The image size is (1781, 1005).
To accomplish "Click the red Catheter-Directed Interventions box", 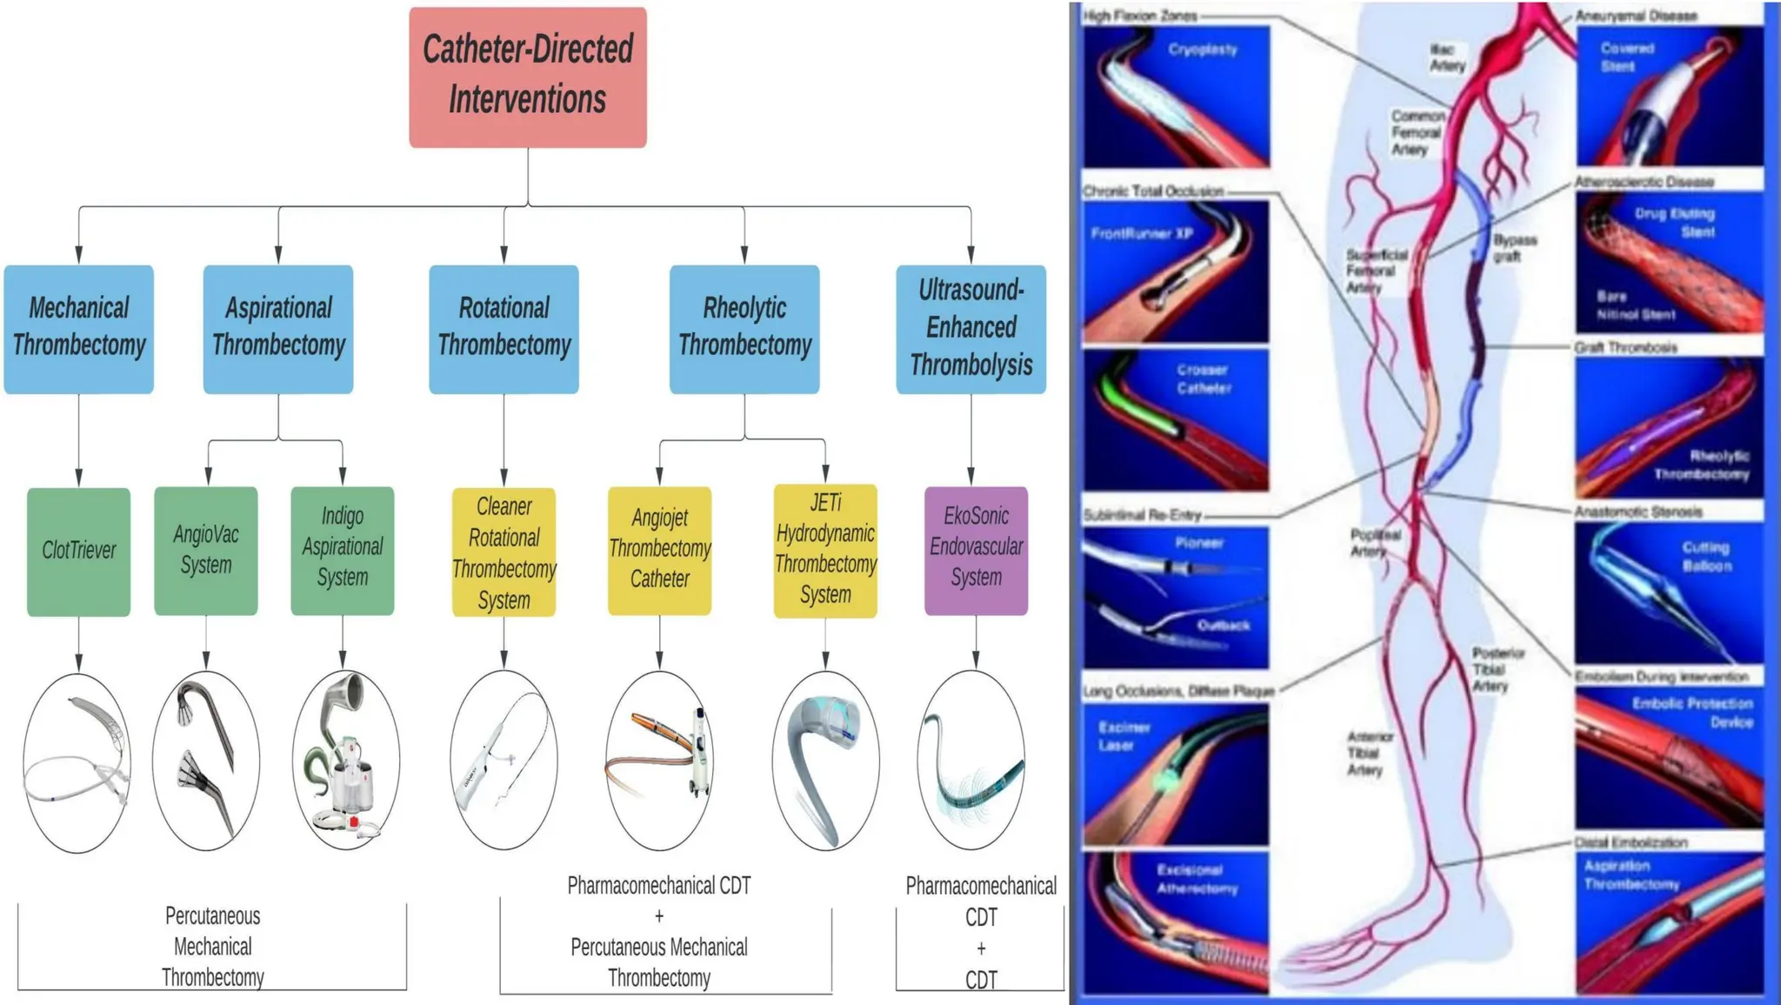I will pos(528,77).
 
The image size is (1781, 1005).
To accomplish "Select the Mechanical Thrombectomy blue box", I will pos(79,328).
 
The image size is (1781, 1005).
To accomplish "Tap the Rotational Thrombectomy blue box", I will pos(504,328).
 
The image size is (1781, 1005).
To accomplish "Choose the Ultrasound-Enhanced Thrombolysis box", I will pos(971,328).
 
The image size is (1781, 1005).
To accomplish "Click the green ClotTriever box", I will pos(79,551).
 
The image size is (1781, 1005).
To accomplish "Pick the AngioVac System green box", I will pos(206,550).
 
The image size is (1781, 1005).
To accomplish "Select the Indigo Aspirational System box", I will pos(343,550).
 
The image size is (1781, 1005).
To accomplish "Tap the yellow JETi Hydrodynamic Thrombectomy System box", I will pos(825,550).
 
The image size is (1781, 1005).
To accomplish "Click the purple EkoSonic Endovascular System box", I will pos(976,550).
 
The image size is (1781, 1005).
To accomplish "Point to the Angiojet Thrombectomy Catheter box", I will pos(659,550).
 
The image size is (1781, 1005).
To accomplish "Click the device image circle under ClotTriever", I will pos(77,762).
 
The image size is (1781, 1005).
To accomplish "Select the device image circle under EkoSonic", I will pos(971,760).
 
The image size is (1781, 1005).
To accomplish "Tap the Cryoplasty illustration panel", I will pos(1176,97).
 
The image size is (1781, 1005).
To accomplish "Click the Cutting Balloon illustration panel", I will pos(1669,594).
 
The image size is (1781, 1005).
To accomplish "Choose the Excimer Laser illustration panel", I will pos(1176,773).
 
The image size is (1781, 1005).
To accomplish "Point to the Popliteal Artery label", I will pos(1375,542).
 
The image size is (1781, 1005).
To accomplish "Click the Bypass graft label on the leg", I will pos(1514,248).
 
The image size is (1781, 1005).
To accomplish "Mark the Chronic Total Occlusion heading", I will pos(1153,191).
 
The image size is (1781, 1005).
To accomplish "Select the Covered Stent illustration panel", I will pos(1669,97).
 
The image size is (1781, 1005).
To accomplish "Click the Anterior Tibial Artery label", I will pos(1369,753).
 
